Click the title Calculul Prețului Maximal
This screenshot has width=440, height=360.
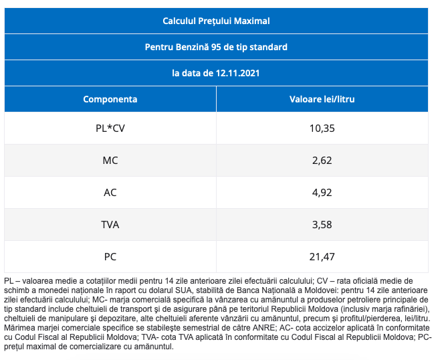(x=216, y=21)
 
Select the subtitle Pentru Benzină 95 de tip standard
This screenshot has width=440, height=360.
(x=216, y=47)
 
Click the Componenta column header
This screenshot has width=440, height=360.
(x=110, y=99)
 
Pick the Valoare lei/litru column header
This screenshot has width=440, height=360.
(x=322, y=99)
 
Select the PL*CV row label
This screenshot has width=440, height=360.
(x=110, y=128)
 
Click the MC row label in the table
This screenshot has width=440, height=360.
(x=110, y=161)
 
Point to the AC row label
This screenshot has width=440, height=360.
(x=110, y=193)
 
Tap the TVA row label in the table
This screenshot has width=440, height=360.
(x=110, y=225)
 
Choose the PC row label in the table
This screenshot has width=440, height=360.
(x=110, y=256)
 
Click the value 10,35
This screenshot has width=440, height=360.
(x=322, y=128)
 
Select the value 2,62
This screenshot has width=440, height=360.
(x=322, y=161)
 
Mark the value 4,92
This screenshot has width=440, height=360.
(x=322, y=193)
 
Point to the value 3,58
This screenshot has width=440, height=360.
(x=322, y=225)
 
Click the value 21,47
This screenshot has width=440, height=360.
(x=322, y=256)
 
